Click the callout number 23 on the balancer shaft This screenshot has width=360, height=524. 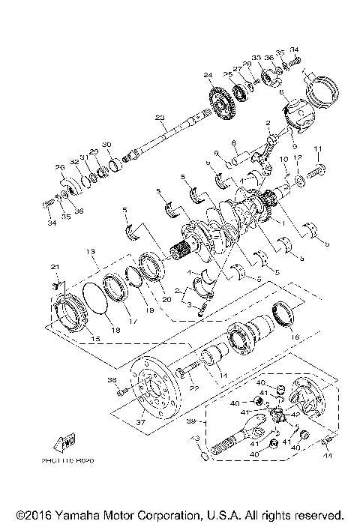[x=159, y=118]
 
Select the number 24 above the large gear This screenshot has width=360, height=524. [x=207, y=74]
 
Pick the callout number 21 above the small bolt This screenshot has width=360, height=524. [x=54, y=268]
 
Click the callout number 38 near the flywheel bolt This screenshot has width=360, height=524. [x=112, y=380]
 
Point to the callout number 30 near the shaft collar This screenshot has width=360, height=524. [x=106, y=145]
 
